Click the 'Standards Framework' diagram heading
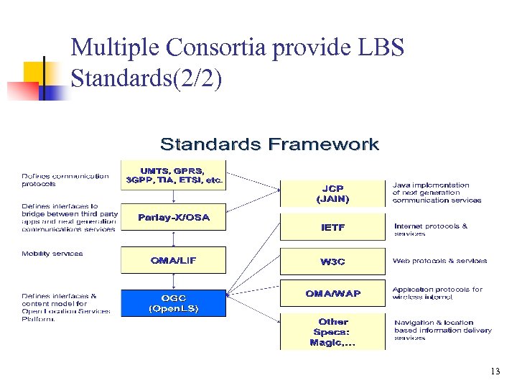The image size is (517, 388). pos(269,144)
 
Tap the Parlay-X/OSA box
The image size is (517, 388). pos(173,218)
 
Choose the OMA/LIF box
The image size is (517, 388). pos(173,260)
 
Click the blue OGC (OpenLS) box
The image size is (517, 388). pos(173,303)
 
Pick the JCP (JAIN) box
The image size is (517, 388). pos(332,193)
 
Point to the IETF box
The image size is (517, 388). pos(332,228)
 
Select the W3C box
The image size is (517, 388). pos(332,262)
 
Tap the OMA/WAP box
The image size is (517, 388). pos(332,293)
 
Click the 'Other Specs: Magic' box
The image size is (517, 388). pos(332,332)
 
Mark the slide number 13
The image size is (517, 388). pos(495,371)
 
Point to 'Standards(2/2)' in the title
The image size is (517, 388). pos(146,78)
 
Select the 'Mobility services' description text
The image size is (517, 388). pos(52,254)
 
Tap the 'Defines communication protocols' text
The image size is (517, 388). pos(65,180)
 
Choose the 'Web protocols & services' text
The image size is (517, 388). pos(439,261)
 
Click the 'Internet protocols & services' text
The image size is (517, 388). pos(430,229)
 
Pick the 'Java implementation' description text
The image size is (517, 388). pos(436,193)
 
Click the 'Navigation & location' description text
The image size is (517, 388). pos(442,330)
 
